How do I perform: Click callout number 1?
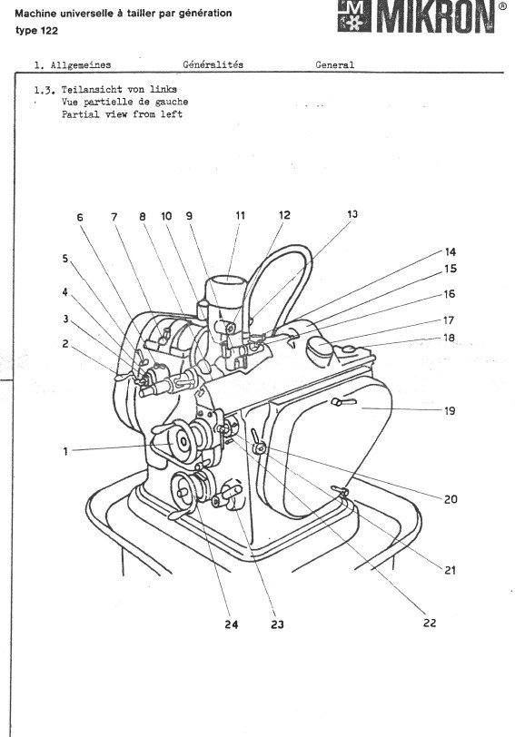pos(65,449)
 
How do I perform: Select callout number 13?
pos(352,214)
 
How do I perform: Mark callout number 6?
pos(79,217)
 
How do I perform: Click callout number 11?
pos(240,216)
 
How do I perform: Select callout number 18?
pos(449,337)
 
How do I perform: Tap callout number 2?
pos(65,343)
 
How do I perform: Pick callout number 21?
pos(449,570)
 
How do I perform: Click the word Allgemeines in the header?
pos(85,65)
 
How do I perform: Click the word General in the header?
pos(334,65)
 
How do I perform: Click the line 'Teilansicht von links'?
pos(106,91)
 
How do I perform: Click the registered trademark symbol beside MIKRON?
pos(502,5)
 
